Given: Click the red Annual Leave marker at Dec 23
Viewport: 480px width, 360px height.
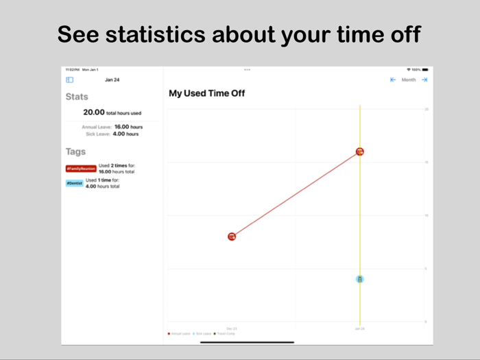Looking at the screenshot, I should click(232, 237).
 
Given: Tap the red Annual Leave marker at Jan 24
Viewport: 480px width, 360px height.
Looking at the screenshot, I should click(360, 152).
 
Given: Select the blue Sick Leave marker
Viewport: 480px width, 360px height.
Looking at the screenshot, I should click(359, 279).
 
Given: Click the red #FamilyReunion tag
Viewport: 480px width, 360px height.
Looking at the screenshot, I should click(81, 169).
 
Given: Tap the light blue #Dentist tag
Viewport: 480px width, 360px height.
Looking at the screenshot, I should click(75, 183).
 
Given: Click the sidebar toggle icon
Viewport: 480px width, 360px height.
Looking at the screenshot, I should click(70, 80).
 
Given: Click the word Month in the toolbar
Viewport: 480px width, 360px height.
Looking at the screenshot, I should click(409, 80).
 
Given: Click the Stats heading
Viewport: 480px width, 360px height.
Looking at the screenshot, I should click(77, 97).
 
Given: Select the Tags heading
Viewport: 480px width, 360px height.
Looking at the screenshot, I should click(75, 152).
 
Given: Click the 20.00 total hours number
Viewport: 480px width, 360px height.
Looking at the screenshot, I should click(94, 112).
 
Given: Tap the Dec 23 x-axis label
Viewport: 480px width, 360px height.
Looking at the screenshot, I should click(232, 328).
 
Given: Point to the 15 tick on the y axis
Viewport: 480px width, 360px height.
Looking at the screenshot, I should click(426, 163).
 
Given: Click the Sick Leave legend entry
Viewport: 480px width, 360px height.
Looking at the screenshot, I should click(202, 334).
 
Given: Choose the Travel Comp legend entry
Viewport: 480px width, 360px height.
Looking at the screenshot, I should click(225, 334).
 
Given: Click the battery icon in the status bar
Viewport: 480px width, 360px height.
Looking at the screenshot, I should click(425, 70).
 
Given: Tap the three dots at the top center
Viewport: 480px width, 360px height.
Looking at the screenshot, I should click(247, 70).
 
